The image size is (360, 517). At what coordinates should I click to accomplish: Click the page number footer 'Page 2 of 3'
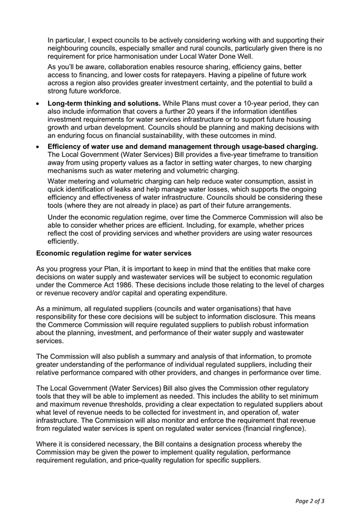tap(309, 501)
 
